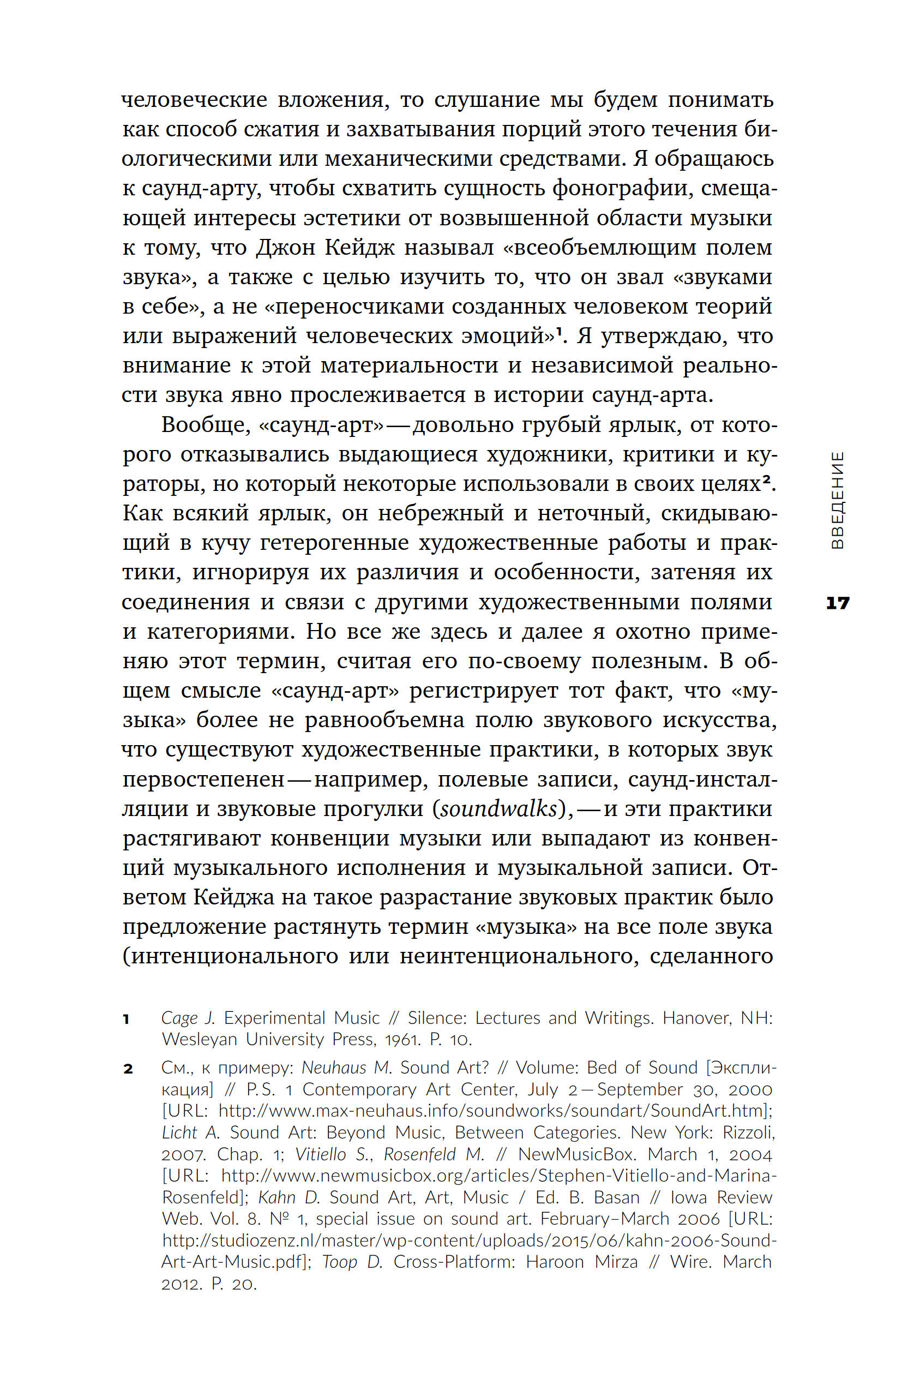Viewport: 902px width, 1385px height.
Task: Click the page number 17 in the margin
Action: [838, 603]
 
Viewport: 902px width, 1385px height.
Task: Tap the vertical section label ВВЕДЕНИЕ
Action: [837, 500]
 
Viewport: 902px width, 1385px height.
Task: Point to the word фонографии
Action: [622, 189]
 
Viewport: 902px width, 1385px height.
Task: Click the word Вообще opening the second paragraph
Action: [206, 425]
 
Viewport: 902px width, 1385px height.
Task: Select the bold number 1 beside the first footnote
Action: [127, 1018]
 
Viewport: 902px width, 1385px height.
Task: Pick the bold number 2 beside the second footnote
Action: [128, 1069]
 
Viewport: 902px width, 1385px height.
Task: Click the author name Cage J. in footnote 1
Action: [188, 1018]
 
